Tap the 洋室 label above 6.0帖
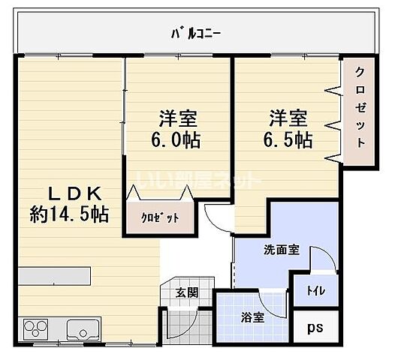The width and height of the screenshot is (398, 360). (x=177, y=118)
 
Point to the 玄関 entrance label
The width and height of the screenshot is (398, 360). (x=187, y=292)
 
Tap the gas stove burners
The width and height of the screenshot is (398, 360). (x=35, y=329)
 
